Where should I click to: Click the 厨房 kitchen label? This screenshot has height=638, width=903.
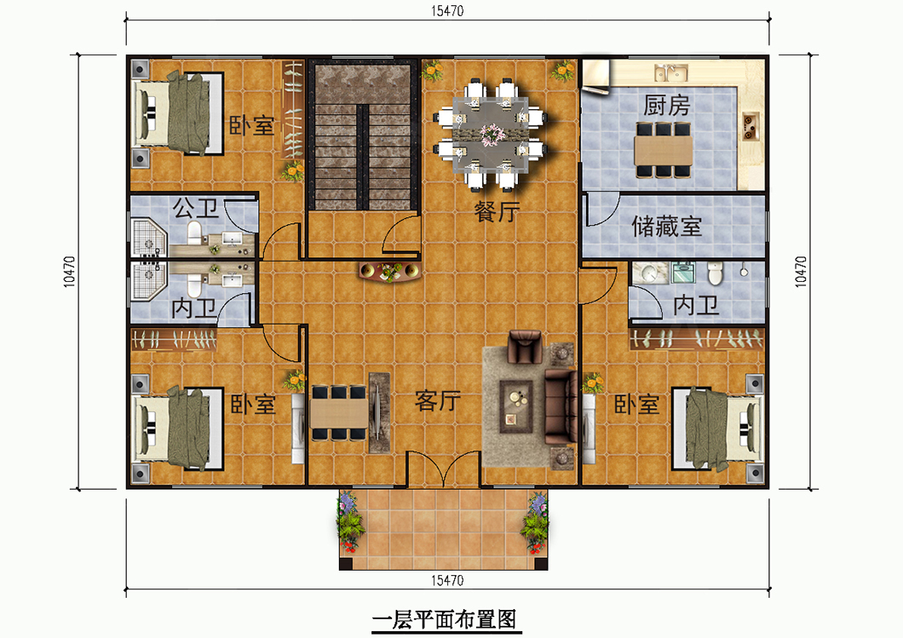(x=666, y=106)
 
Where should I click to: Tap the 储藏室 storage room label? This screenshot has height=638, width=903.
(x=666, y=227)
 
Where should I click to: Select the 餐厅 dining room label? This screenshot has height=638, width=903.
(x=497, y=211)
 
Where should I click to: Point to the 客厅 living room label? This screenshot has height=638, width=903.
(x=438, y=400)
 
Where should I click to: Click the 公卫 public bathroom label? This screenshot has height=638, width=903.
(x=196, y=208)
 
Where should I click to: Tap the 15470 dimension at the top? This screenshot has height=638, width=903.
(x=447, y=11)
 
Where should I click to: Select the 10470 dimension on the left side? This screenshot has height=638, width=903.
(x=68, y=272)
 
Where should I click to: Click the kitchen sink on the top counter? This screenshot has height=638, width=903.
(x=671, y=72)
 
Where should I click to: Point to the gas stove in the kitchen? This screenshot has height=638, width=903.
(x=750, y=125)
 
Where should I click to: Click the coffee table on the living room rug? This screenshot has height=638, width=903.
(x=516, y=406)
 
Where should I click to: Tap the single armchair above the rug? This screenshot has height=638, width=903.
(x=526, y=347)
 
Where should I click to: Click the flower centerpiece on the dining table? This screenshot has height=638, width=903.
(x=492, y=135)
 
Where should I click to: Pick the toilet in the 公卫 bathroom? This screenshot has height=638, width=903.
(x=194, y=233)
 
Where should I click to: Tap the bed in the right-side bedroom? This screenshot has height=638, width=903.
(x=718, y=428)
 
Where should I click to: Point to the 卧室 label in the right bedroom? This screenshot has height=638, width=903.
(x=636, y=405)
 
